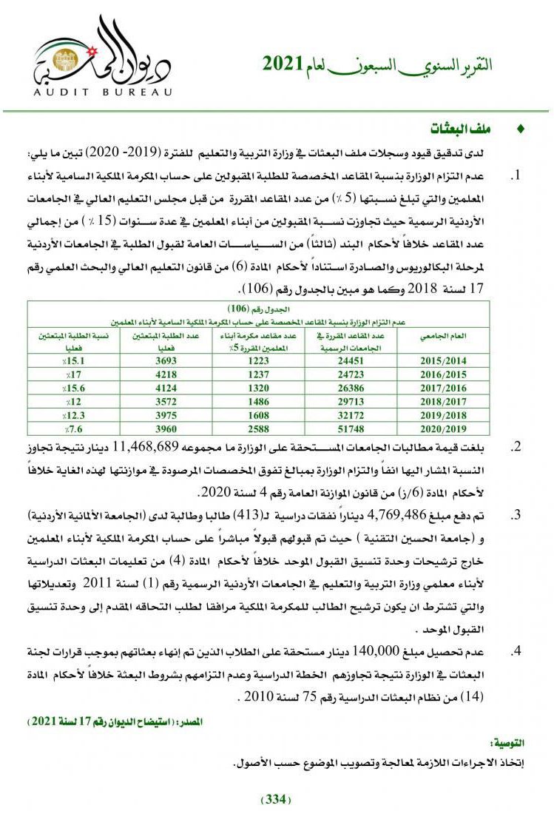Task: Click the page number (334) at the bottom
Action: pos(277,799)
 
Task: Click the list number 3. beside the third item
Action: pos(517,514)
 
